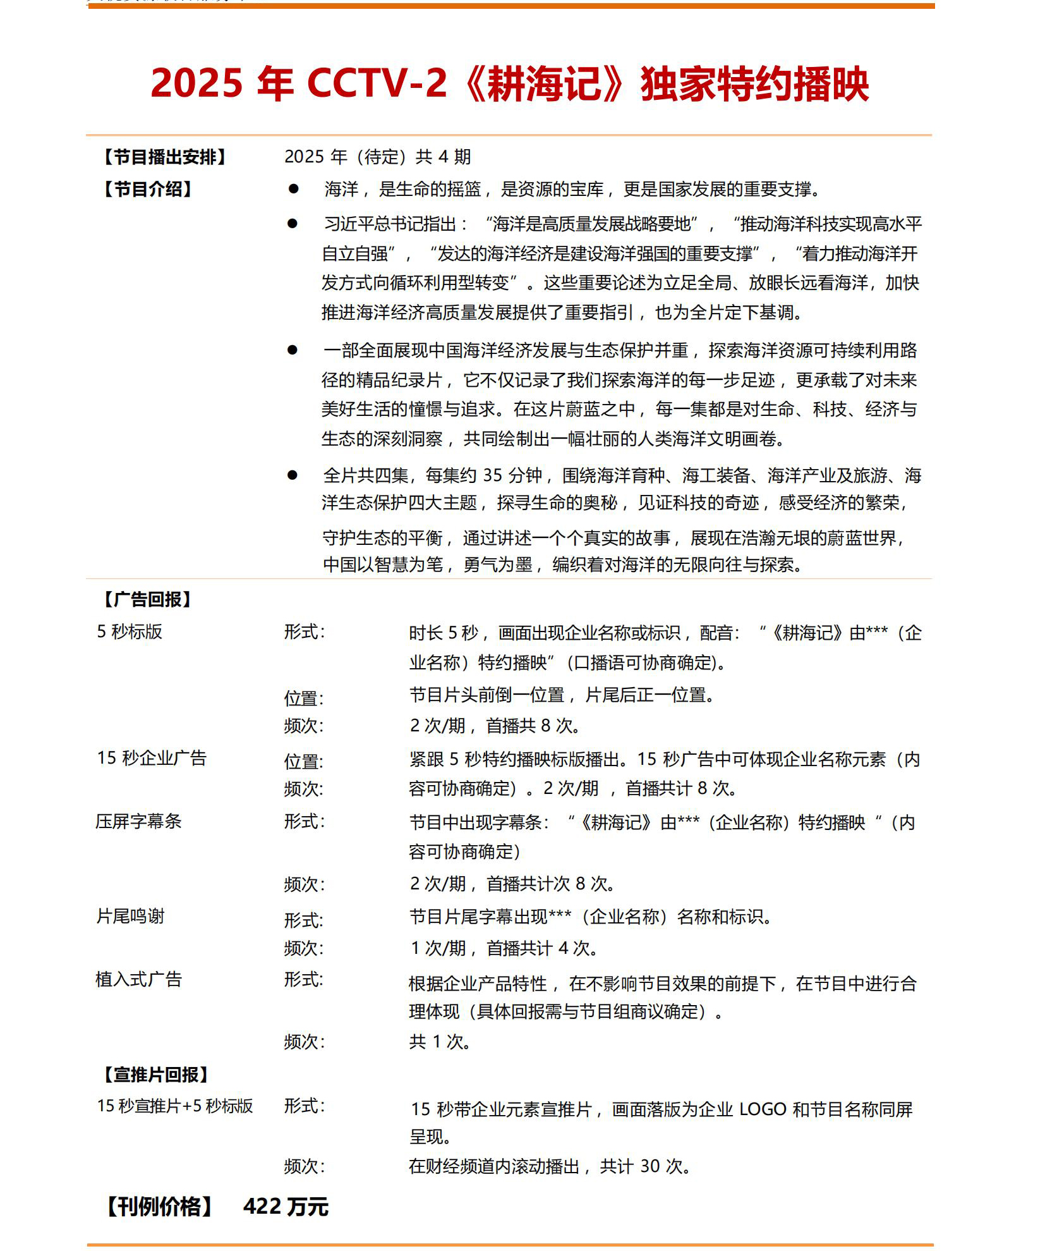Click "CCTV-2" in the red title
pyautogui.click(x=377, y=83)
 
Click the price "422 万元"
pyautogui.click(x=286, y=1206)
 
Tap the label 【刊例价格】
pyautogui.click(x=160, y=1206)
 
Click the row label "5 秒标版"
pyautogui.click(x=130, y=632)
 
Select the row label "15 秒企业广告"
pyautogui.click(x=152, y=758)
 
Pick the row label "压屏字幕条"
pyautogui.click(x=139, y=821)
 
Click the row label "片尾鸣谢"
pyautogui.click(x=130, y=916)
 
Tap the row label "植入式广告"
pyautogui.click(x=139, y=979)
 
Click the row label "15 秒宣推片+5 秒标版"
pyautogui.click(x=175, y=1106)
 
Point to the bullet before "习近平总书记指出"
pyautogui.click(x=292, y=223)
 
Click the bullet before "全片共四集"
pyautogui.click(x=292, y=475)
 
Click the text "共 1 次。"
pyautogui.click(x=440, y=1041)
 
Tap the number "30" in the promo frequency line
pyautogui.click(x=650, y=1166)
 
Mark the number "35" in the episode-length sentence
pyautogui.click(x=493, y=475)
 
